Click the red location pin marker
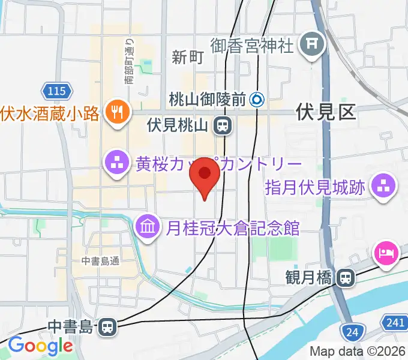(x=205, y=176)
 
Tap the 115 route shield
(x=58, y=92)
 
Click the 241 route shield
(x=395, y=323)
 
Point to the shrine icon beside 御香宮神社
(x=312, y=44)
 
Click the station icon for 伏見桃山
(x=223, y=125)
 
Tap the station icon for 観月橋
(x=345, y=278)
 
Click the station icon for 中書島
(x=107, y=327)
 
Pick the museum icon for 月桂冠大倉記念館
(x=147, y=226)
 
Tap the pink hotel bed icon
(x=385, y=251)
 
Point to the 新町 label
(x=188, y=58)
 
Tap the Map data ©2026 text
(x=358, y=352)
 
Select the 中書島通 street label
(x=101, y=260)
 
